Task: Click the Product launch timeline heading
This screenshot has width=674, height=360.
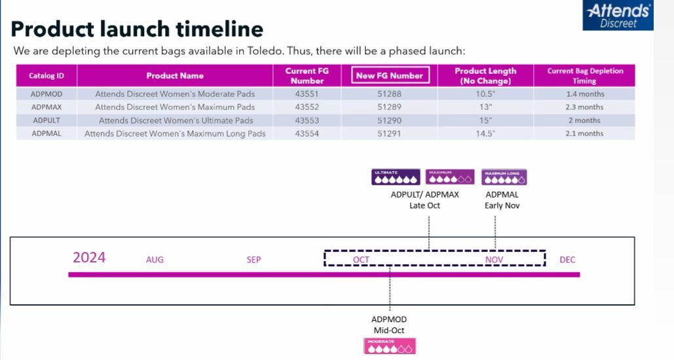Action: tap(138, 29)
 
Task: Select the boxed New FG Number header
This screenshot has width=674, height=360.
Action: tap(390, 76)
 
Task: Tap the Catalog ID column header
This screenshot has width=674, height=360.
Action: tap(46, 76)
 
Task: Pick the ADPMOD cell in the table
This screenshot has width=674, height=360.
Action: tap(46, 94)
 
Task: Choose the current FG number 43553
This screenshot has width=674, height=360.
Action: tap(307, 120)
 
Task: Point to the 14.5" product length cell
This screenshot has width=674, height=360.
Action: tap(485, 134)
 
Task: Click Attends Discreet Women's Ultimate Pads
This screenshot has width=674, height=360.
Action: tap(175, 120)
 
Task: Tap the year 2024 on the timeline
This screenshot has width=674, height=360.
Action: tap(89, 258)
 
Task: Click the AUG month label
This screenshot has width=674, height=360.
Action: tap(155, 260)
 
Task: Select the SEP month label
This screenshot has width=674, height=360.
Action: tap(253, 260)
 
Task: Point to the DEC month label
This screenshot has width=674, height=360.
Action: tap(567, 260)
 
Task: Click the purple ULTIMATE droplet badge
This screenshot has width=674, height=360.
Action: tap(395, 177)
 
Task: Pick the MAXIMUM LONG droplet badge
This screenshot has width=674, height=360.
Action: tap(504, 177)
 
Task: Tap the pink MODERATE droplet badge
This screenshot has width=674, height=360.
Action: tap(390, 346)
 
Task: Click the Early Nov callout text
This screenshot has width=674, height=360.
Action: tap(503, 206)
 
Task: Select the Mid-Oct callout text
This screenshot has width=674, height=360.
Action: tap(389, 330)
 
